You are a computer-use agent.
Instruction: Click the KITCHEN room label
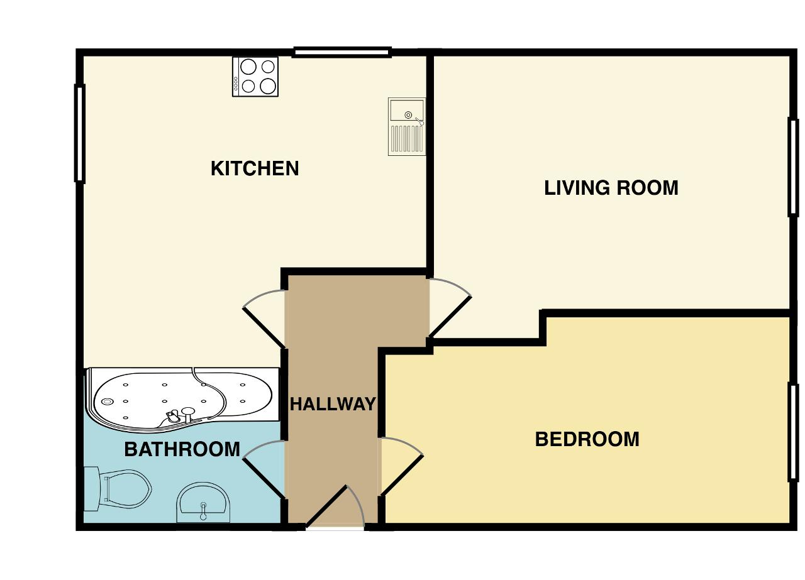[255, 168]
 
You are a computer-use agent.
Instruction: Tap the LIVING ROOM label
[611, 188]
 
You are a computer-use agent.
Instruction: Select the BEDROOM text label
[587, 439]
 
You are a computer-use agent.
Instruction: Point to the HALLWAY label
[332, 404]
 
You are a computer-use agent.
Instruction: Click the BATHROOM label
[182, 449]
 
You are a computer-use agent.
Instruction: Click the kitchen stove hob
[255, 76]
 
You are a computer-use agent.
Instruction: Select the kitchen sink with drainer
[406, 126]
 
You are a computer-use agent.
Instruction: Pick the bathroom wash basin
[203, 503]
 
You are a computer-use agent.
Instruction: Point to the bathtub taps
[180, 415]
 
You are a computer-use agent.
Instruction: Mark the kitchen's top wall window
[341, 53]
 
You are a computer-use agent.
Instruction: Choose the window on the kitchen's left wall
[80, 133]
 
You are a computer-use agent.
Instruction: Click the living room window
[793, 167]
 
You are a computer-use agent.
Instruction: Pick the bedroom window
[793, 432]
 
